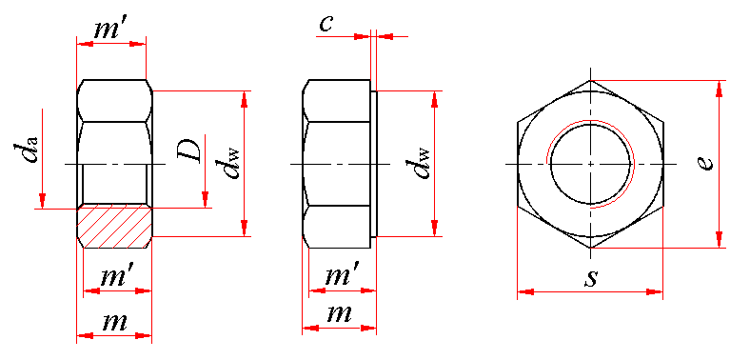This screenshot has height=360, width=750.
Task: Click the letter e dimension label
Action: [705, 162]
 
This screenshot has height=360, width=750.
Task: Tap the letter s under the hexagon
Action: [592, 279]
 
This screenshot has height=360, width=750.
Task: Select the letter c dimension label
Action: [326, 24]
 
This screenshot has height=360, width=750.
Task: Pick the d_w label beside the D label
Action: [232, 163]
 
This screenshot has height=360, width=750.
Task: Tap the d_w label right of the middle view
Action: [422, 163]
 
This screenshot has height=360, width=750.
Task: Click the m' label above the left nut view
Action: [109, 30]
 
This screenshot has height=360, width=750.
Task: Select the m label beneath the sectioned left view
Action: [115, 323]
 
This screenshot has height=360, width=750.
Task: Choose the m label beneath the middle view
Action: [340, 314]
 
